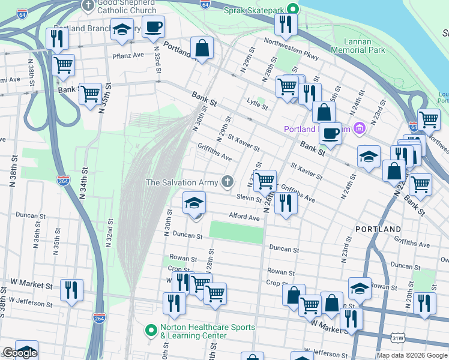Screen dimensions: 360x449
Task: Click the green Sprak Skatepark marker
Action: click(x=292, y=9)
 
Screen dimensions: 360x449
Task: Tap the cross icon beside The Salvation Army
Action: click(x=227, y=182)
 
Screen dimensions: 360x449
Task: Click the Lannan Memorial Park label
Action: click(x=364, y=46)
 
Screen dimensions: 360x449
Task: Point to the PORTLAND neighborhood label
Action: click(x=378, y=230)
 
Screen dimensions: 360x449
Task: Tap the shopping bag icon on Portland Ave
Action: click(x=202, y=48)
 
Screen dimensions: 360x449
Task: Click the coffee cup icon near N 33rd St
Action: click(x=152, y=27)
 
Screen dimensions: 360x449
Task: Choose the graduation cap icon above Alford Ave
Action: click(x=194, y=203)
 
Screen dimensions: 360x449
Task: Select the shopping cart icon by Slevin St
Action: click(x=264, y=179)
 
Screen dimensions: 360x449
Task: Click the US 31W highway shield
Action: click(x=397, y=340)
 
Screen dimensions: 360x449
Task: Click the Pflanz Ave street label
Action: click(x=129, y=55)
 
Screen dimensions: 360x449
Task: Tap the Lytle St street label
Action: click(x=257, y=103)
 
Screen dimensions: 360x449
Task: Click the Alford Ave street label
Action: click(x=244, y=217)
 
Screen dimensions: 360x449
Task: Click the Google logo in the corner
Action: click(x=20, y=353)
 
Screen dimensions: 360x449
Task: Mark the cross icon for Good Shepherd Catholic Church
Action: click(x=88, y=6)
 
